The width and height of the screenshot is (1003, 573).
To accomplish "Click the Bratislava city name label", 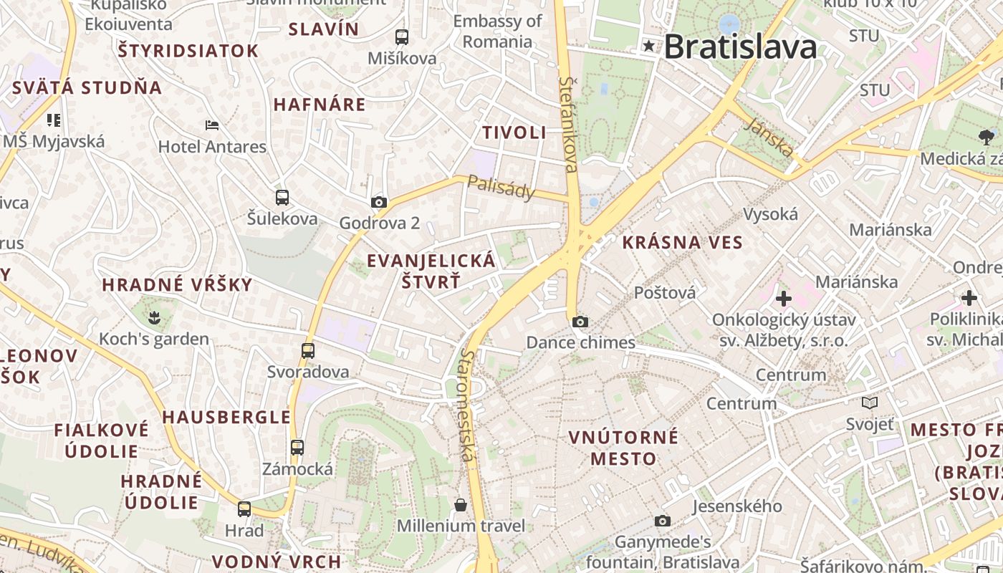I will coord(740,47).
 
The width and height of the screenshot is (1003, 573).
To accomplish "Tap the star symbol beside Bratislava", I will coord(649,47).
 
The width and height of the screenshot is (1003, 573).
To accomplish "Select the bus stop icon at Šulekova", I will coord(282,198).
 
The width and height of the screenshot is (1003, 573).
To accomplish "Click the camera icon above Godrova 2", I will coord(379,203).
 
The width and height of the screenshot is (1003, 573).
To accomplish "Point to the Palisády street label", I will coord(501,188).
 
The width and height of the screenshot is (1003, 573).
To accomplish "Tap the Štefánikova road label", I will coord(568,125).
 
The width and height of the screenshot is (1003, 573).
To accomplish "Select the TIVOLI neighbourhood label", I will coord(514,133).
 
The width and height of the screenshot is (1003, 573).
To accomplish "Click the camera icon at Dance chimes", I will coord(580,322).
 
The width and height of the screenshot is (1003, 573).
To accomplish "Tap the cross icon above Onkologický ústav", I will coord(783,298).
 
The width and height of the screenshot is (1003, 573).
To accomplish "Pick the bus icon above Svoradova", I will coord(308,351).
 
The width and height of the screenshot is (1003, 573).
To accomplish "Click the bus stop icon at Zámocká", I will coord(297,448).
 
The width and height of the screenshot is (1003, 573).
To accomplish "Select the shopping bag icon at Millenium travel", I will coord(461,505).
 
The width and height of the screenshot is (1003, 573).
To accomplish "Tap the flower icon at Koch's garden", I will coord(154,317).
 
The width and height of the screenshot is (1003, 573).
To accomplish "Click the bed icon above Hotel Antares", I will coord(212,125).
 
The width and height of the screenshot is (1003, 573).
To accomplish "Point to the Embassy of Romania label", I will coord(497,32).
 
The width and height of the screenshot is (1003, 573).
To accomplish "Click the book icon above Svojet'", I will coord(870,403).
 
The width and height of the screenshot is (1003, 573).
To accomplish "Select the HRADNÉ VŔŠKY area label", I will coord(177,285).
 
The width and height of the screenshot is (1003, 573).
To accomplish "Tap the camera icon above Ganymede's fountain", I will coord(663,521).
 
